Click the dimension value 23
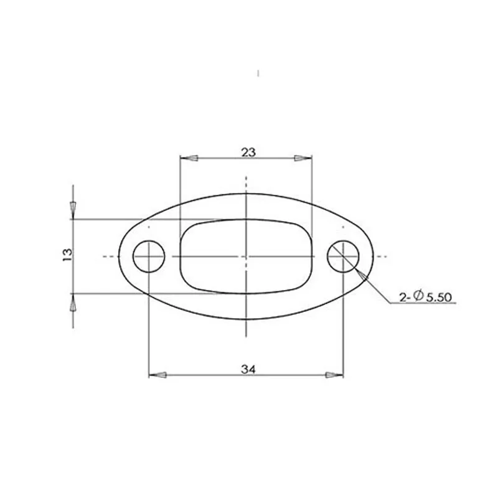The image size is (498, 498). (x=248, y=153)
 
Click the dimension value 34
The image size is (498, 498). (x=248, y=369)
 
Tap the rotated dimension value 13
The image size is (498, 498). (x=68, y=255)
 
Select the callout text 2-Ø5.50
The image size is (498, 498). (x=425, y=297)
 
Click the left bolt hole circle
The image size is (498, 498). (x=133, y=256)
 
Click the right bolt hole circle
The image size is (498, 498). (x=359, y=256)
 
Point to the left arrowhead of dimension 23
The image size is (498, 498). (x=189, y=158)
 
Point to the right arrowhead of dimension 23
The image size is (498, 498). (x=303, y=158)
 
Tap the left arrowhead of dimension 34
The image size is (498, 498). (x=158, y=375)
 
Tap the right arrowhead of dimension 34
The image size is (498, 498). (x=334, y=375)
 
